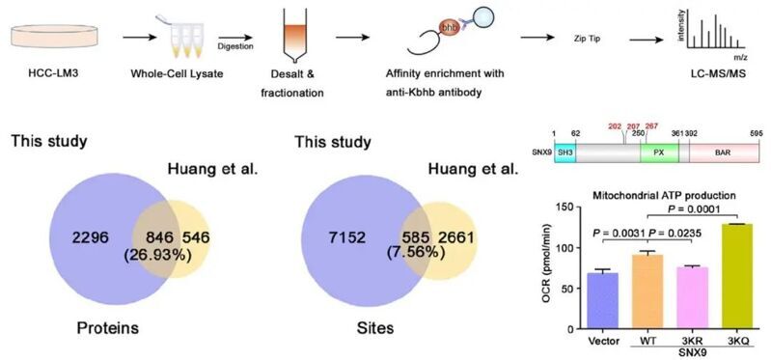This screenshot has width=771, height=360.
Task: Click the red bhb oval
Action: click(x=447, y=28)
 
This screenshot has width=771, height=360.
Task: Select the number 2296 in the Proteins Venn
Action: click(x=91, y=238)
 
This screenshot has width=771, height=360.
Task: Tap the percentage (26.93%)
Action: click(x=160, y=256)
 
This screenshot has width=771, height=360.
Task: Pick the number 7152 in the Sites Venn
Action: click(x=347, y=238)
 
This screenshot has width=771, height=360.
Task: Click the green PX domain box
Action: click(x=659, y=152)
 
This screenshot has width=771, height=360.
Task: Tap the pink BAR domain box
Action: click(x=724, y=152)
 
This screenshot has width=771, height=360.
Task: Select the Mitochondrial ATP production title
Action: click(x=663, y=195)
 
